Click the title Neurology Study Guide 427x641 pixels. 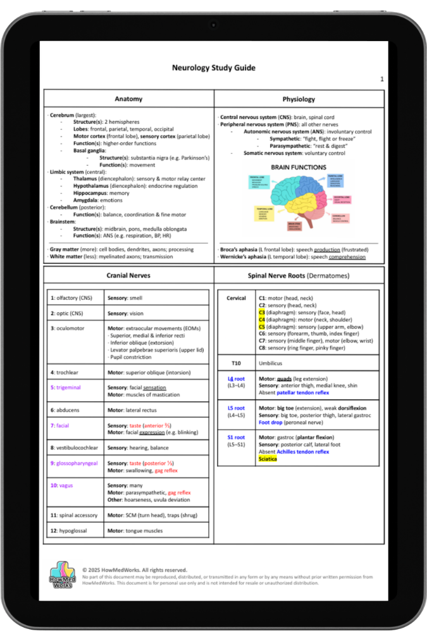click(x=214, y=68)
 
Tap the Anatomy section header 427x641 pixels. click(x=128, y=99)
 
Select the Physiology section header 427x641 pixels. click(x=299, y=99)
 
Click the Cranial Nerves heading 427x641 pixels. click(x=128, y=276)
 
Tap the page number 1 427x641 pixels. click(x=382, y=79)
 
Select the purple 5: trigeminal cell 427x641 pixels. click(x=66, y=387)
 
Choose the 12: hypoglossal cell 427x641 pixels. click(x=71, y=531)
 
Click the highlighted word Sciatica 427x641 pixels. click(x=268, y=459)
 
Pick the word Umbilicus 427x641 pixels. click(x=270, y=363)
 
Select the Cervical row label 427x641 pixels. click(x=236, y=298)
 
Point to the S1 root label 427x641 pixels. click(x=236, y=437)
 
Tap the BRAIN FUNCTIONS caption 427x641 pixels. click(x=299, y=168)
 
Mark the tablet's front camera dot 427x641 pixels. click(x=213, y=25)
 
